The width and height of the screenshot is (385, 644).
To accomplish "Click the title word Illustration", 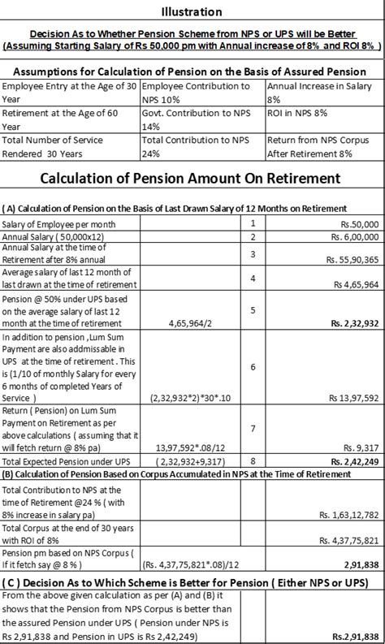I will [x=192, y=11].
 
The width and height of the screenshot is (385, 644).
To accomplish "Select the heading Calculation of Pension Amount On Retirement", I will [x=192, y=179].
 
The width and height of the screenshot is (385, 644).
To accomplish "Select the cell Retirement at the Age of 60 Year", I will [x=70, y=121].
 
